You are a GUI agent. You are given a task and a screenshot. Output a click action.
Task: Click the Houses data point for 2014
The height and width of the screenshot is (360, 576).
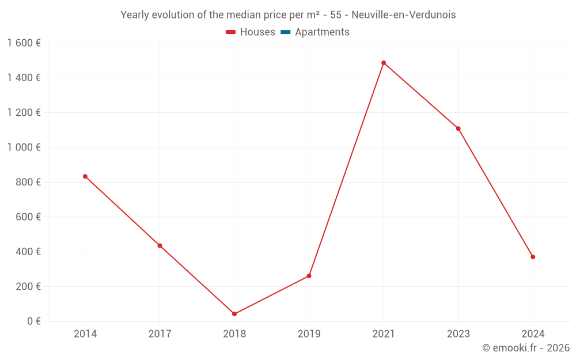pos(85,176)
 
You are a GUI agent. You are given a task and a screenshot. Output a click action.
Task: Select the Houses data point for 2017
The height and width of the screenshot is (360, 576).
pos(160,245)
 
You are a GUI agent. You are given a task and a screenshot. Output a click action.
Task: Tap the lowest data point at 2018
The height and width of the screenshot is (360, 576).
pos(234,314)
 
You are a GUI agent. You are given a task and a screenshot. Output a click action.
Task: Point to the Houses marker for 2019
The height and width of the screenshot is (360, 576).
pos(309,276)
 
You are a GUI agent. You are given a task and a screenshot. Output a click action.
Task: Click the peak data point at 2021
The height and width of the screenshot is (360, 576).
pos(384,63)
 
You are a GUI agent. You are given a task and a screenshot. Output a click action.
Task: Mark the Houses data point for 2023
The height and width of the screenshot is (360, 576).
pos(458,128)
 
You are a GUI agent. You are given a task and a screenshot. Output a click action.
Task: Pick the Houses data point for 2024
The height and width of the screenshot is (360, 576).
pos(533,257)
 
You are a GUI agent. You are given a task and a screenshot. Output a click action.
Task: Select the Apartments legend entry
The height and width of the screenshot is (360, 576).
pos(321,32)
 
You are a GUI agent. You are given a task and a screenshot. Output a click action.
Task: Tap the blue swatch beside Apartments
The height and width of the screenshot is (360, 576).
pos(285,32)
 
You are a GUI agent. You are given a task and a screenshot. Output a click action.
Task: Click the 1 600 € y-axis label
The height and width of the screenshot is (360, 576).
pos(24,43)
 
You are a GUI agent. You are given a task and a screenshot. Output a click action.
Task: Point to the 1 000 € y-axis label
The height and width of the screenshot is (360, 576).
pos(24,147)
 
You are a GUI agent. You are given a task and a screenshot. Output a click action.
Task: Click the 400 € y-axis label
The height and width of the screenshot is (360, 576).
pos(27,252)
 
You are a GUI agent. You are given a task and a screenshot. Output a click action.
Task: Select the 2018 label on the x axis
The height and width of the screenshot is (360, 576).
pos(234,334)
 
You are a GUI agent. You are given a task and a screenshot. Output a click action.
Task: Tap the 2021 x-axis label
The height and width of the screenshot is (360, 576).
pos(384,334)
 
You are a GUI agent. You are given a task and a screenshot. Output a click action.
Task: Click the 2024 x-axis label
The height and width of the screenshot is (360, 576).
pos(533,334)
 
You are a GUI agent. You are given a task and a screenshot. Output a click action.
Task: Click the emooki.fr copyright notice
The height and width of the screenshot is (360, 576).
pos(525,348)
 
